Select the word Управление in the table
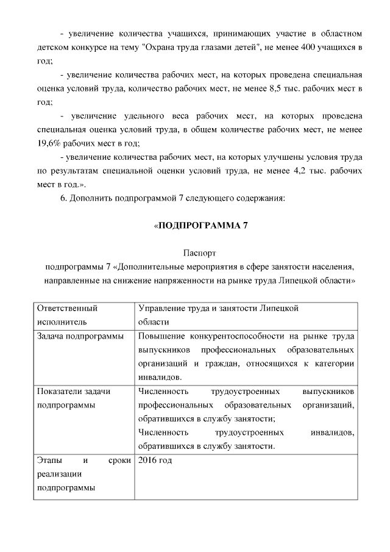click(163, 309)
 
